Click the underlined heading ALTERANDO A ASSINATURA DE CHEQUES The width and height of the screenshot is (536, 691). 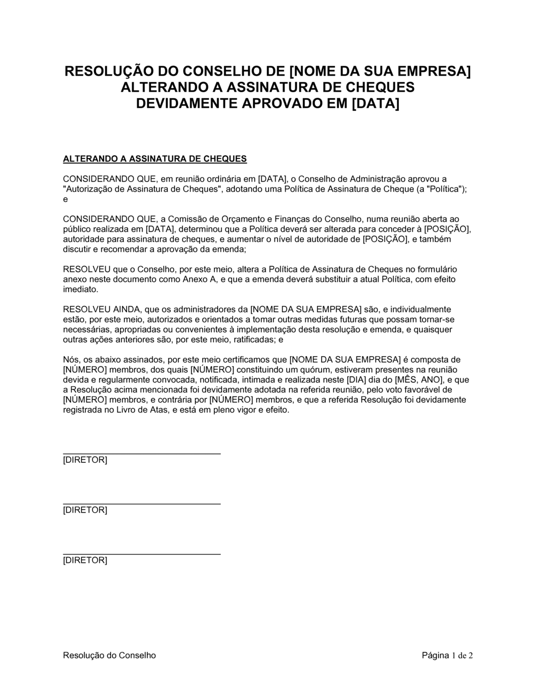click(x=155, y=159)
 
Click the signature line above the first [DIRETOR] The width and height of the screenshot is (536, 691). click(x=142, y=454)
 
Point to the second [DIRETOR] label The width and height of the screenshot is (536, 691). click(x=85, y=510)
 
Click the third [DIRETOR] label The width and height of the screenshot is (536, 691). click(x=85, y=561)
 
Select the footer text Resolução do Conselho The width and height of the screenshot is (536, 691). click(x=109, y=655)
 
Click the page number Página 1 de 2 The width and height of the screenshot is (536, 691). click(x=447, y=655)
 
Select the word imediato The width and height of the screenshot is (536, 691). click(x=80, y=290)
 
